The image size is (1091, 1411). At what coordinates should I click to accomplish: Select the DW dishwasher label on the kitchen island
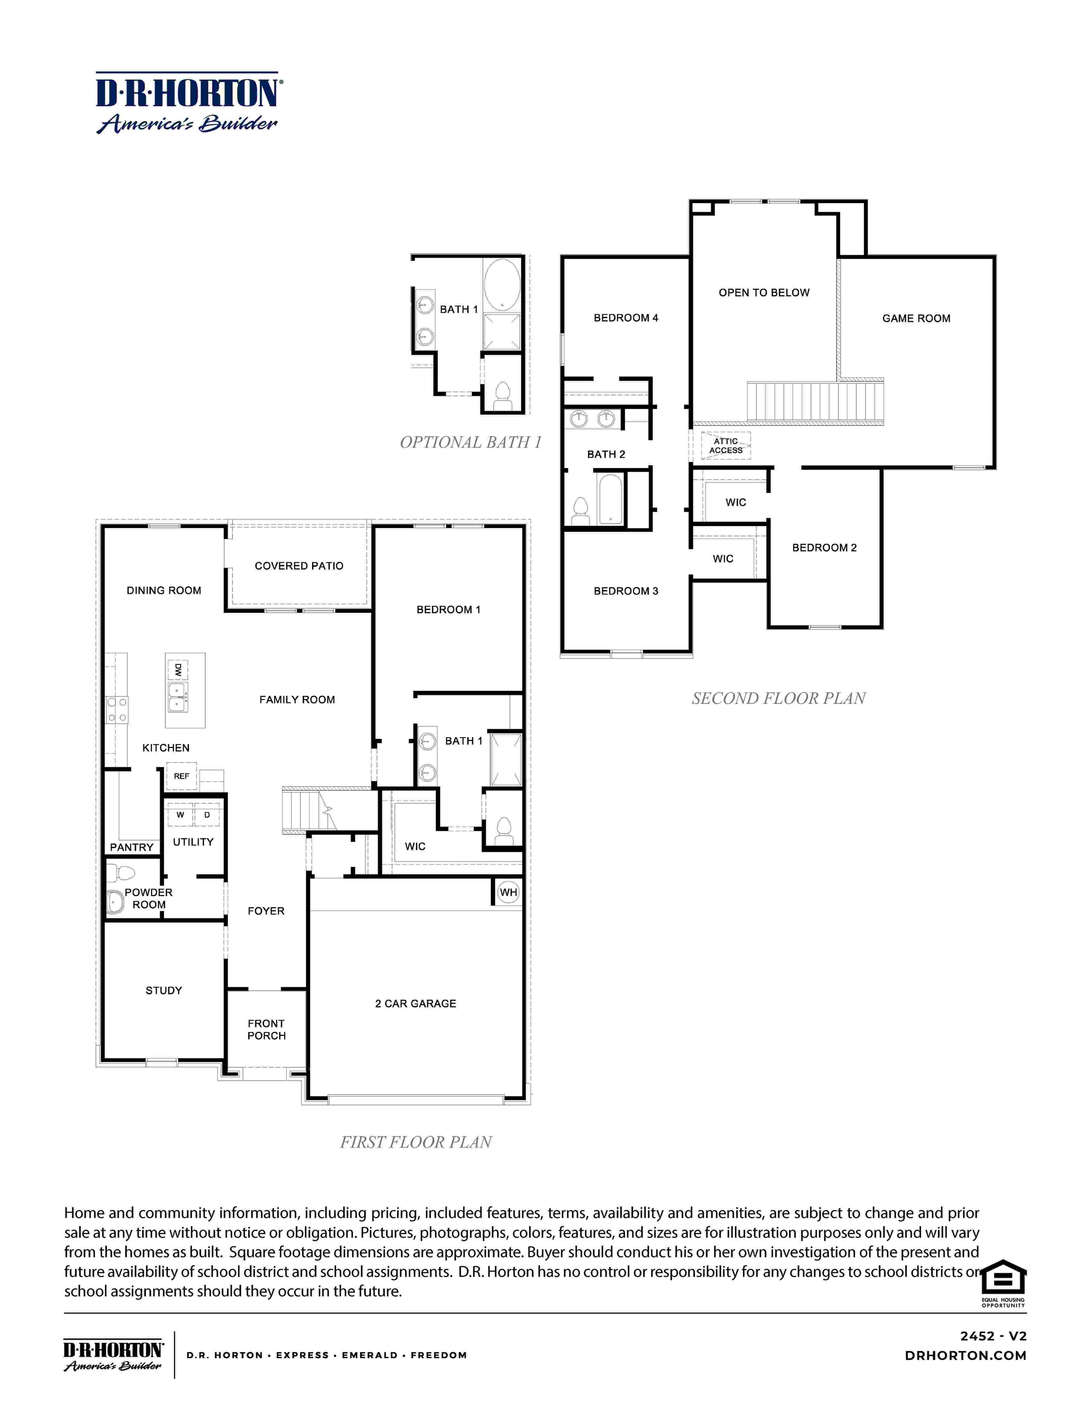[x=178, y=670]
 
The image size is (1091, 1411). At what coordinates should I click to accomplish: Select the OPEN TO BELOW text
[x=764, y=293]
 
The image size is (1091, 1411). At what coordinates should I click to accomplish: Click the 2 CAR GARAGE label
[x=416, y=1003]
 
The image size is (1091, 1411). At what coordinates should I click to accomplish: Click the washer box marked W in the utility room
[x=180, y=815]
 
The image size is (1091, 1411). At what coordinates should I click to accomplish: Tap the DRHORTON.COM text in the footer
[x=966, y=1355]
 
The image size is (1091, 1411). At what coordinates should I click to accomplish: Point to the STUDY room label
[x=164, y=990]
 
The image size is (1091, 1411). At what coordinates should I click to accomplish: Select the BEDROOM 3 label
[x=626, y=591]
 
